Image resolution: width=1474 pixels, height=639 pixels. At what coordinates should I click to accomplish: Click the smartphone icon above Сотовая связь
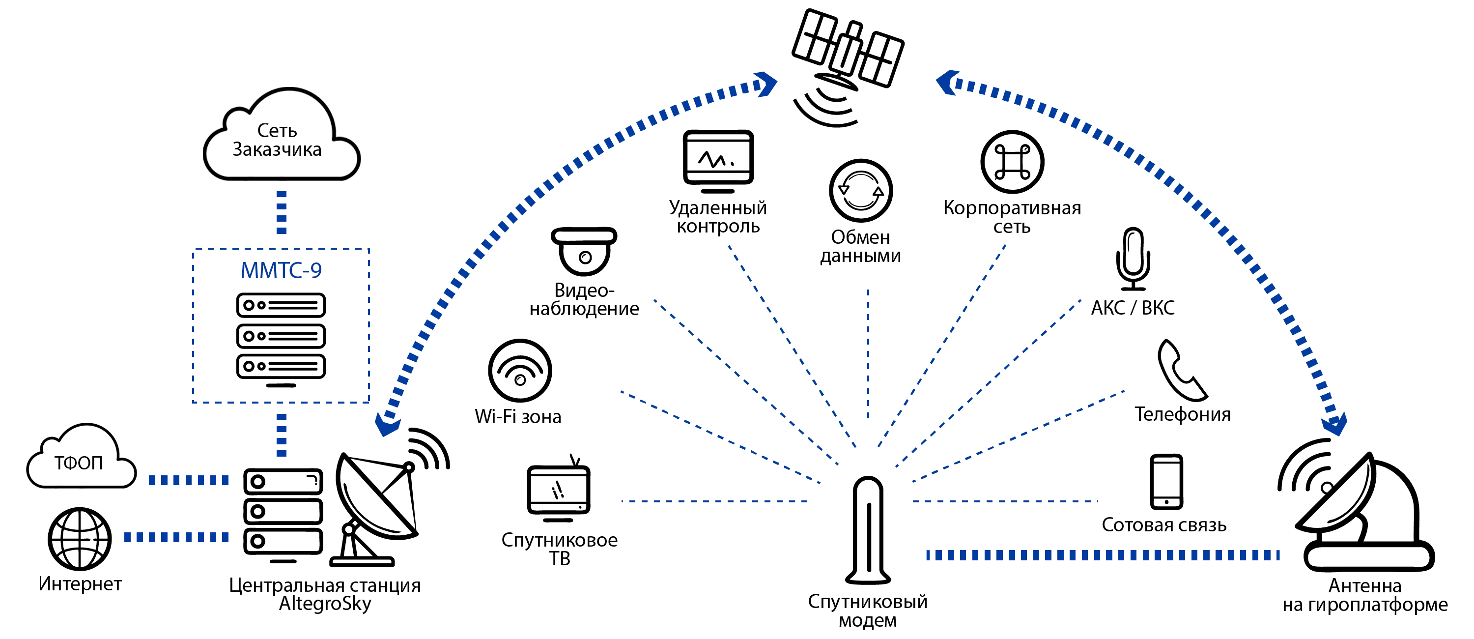1165,481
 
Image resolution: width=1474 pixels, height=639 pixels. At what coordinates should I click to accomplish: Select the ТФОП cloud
80,458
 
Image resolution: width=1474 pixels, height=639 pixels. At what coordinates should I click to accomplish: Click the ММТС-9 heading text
281,270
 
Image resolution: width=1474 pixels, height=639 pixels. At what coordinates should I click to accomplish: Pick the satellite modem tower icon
868,530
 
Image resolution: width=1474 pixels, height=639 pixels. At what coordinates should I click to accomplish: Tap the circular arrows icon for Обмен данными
861,191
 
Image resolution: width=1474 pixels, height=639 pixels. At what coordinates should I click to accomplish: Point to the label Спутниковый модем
867,611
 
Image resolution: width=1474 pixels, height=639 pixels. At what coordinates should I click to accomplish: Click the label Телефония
1181,414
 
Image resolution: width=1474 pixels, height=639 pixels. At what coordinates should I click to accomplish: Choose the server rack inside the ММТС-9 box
281,338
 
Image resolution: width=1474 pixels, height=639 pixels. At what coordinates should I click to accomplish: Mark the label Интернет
80,585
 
